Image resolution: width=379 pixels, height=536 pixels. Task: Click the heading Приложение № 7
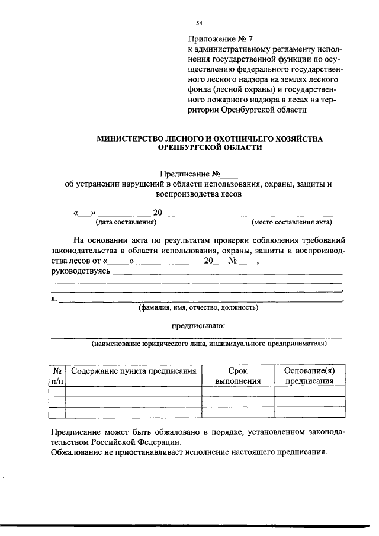coord(220,40)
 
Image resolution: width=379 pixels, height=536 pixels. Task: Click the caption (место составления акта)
coord(292,222)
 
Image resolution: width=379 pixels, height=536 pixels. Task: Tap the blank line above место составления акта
coord(282,215)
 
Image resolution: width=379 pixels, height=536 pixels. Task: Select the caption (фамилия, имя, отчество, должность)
coord(198,308)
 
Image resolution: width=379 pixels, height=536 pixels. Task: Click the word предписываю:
coord(198,325)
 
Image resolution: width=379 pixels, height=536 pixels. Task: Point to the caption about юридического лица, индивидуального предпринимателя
coord(208,343)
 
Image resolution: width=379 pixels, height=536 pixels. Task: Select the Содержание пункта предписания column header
coord(133,371)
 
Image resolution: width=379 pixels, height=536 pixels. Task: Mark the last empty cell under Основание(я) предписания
coord(309,413)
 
